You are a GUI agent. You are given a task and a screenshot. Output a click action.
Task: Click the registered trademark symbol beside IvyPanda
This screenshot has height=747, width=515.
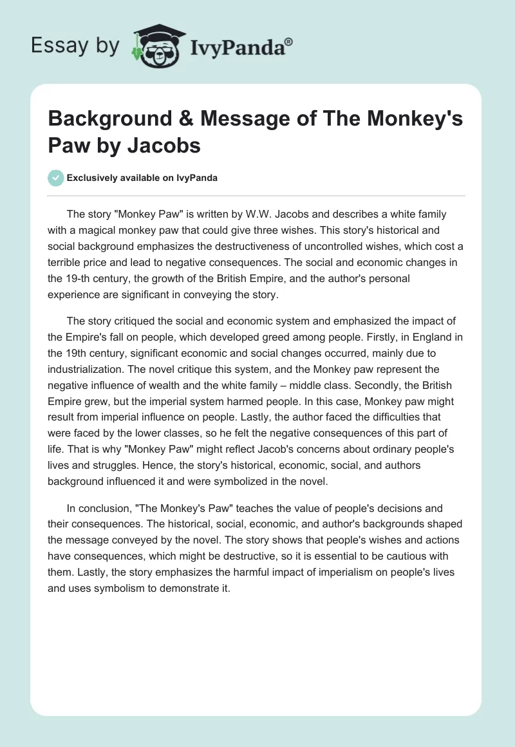(288, 42)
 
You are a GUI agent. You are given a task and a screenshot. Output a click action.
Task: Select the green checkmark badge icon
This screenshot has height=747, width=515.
(56, 178)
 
